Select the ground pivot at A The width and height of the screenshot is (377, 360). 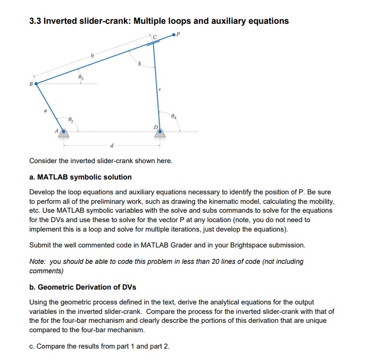63,131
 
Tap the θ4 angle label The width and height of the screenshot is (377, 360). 173,118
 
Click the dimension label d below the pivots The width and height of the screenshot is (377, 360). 112,145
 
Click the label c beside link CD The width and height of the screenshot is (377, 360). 159,89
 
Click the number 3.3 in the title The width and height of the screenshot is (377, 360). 36,21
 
